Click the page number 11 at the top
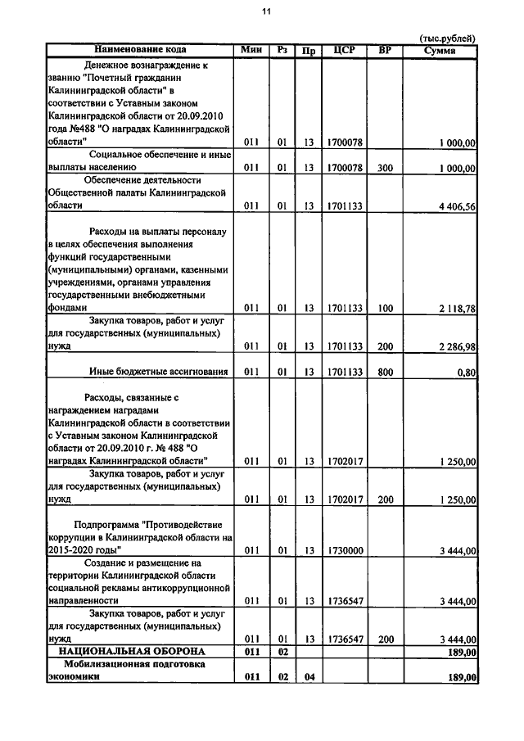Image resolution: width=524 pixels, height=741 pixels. tap(265, 11)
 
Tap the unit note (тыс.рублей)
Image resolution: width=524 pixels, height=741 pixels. tap(446, 38)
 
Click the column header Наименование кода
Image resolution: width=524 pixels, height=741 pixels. tap(139, 50)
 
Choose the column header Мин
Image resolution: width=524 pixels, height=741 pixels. tap(251, 50)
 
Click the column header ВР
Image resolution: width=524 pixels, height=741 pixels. tap(386, 50)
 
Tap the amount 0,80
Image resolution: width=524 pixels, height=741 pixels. tap(467, 373)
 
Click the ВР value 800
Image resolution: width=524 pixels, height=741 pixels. tap(386, 373)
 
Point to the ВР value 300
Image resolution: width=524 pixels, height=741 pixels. tap(386, 168)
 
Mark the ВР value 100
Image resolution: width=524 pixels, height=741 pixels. tap(386, 309)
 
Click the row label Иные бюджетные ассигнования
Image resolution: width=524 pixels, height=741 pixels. tap(158, 373)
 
